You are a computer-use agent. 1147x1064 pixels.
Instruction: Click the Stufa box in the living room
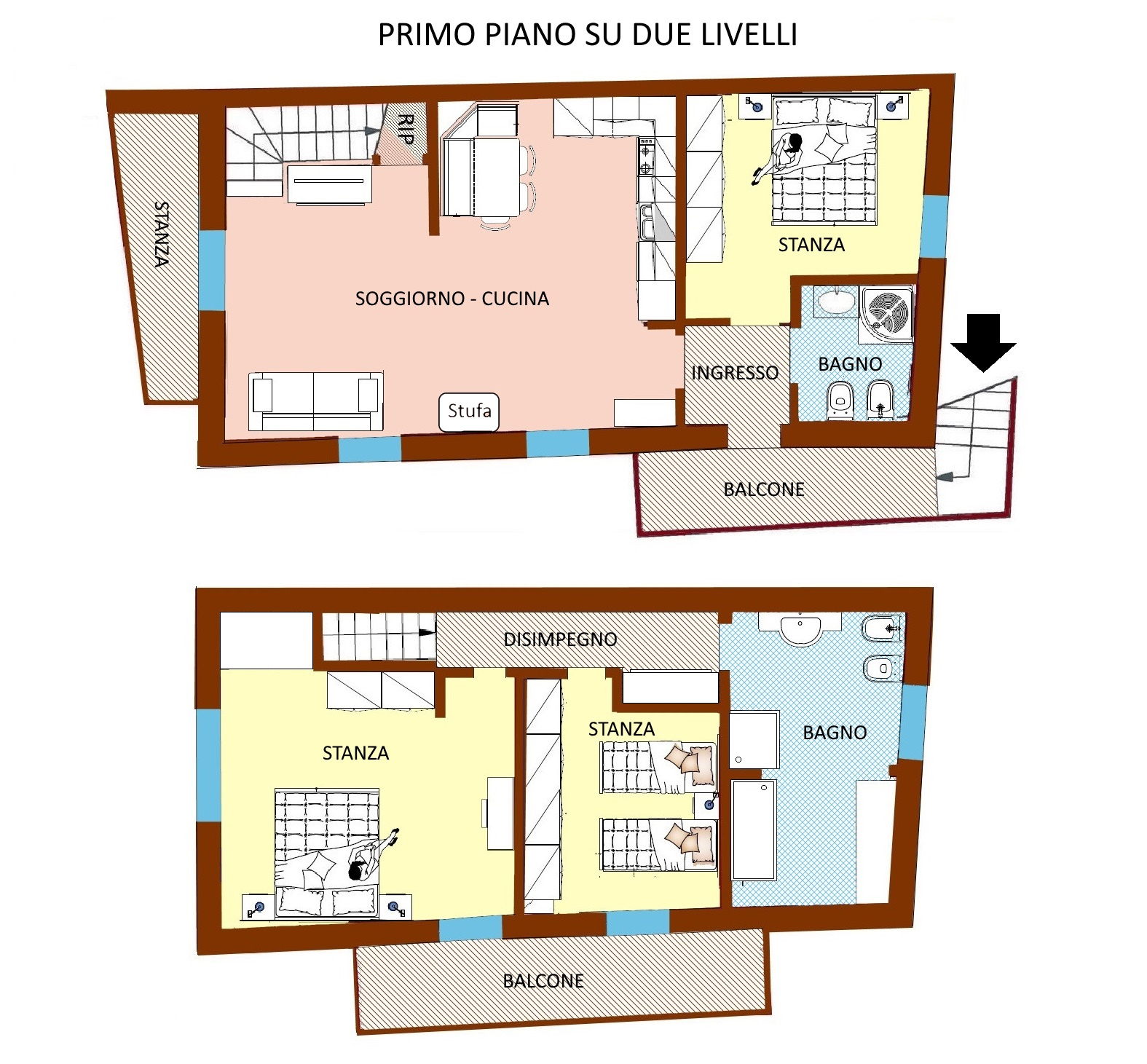[469, 411]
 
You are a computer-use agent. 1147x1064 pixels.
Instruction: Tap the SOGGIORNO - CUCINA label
[452, 299]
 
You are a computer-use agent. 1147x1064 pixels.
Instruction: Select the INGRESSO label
[735, 373]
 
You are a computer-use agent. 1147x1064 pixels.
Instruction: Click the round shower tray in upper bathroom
[886, 313]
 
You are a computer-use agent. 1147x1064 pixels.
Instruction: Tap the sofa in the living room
[315, 401]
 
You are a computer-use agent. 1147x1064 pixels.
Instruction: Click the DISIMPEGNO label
[560, 639]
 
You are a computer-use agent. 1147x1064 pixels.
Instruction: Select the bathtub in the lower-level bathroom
[754, 829]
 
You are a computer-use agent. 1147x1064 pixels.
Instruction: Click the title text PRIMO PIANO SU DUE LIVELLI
[587, 35]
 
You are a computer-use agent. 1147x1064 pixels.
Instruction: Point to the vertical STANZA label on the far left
[162, 235]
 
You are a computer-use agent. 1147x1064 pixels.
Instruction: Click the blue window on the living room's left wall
[212, 270]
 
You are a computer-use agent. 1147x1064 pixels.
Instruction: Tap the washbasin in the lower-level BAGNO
[800, 630]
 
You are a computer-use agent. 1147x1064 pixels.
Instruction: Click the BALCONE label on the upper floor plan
[764, 489]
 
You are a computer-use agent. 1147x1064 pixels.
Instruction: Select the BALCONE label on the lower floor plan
[543, 981]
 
